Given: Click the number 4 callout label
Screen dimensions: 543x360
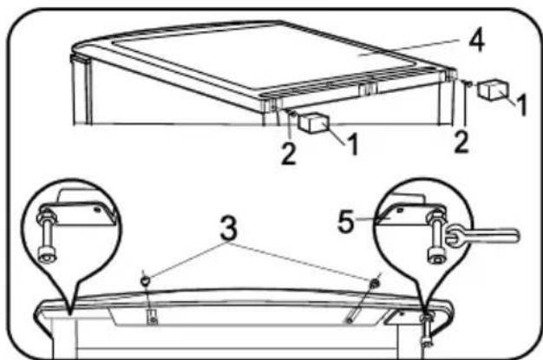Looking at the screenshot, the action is (476, 41).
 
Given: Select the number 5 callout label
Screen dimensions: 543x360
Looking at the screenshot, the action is (346, 222).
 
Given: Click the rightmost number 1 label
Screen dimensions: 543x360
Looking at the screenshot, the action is (521, 104).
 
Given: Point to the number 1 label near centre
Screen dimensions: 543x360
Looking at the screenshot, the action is (353, 144).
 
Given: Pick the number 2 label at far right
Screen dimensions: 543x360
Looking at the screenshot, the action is (461, 141).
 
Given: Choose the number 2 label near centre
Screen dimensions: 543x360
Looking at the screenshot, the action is (289, 153).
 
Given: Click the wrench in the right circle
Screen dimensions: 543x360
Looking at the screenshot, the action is (482, 237).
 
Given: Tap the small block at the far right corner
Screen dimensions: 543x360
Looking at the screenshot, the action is (493, 89).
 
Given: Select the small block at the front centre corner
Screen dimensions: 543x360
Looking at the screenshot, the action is (314, 122).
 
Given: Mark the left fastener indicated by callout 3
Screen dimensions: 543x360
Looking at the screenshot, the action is (145, 280).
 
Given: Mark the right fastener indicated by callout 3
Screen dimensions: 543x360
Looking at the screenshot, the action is (375, 284).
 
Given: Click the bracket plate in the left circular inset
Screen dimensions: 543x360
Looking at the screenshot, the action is (82, 213).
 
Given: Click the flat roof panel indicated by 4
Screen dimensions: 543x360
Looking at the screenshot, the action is (263, 56).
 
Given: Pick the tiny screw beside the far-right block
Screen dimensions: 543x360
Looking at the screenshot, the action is (468, 83).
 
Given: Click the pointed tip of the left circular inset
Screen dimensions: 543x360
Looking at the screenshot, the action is (70, 314).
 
